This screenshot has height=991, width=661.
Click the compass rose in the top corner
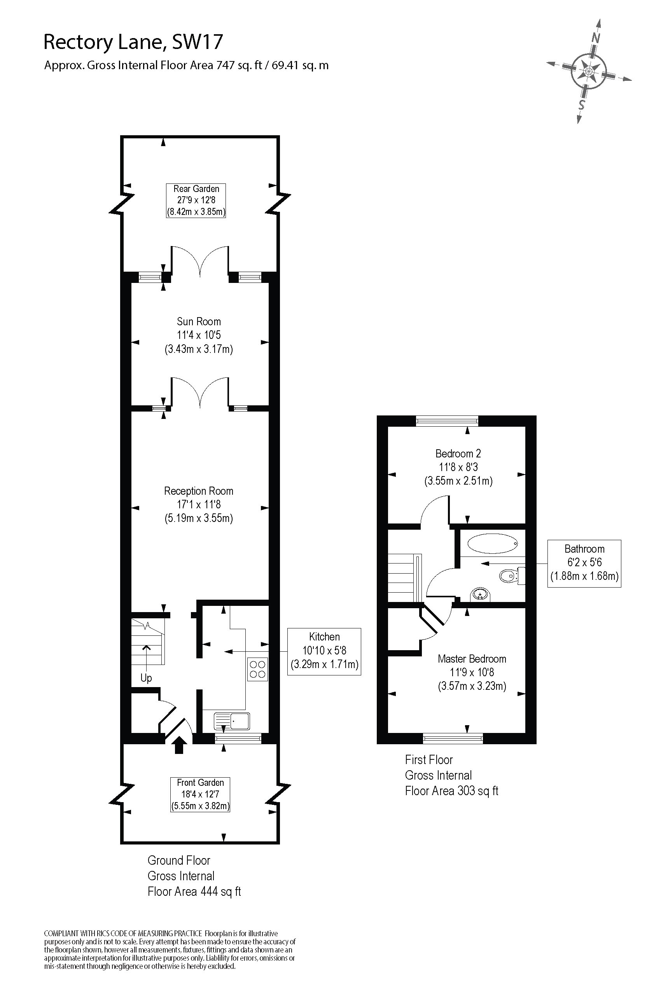tap(589, 70)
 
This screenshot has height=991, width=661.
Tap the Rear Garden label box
tap(196, 200)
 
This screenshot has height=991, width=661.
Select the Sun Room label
tap(199, 321)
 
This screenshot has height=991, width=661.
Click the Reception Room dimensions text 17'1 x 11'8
tap(199, 504)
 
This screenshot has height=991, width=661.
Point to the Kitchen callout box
tap(324, 651)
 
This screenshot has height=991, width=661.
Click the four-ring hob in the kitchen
tap(257, 669)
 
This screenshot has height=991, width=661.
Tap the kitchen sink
tap(232, 721)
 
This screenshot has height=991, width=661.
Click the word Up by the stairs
tap(146, 677)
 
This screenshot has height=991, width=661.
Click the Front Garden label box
tap(200, 794)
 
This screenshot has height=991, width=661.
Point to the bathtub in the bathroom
tap(493, 544)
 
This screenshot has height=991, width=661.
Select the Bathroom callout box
tap(584, 564)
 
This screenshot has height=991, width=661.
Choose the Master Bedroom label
tap(472, 659)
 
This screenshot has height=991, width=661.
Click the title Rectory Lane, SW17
tap(133, 42)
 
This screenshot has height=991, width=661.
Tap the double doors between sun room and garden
tap(200, 261)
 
